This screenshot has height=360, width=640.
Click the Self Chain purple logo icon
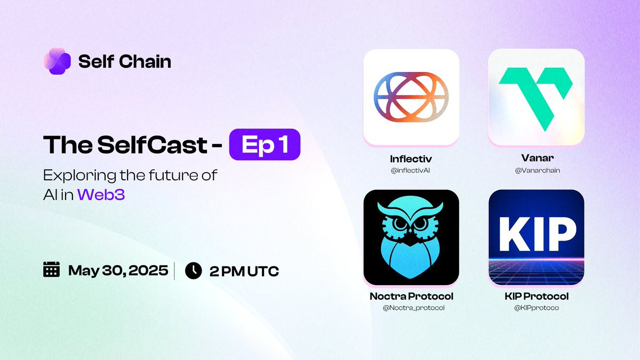[x=57, y=61]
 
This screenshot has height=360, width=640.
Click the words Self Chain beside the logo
[x=125, y=61]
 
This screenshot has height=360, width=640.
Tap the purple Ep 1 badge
[x=265, y=145]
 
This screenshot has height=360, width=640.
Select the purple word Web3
[x=101, y=195]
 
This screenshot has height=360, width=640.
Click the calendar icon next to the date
[x=51, y=269]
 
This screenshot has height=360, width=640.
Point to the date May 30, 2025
[x=118, y=270]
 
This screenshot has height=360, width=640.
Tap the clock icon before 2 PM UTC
[x=194, y=270]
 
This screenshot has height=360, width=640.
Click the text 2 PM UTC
[x=244, y=271]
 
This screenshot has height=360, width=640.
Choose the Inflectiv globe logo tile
[x=411, y=97]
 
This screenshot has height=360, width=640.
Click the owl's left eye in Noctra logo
[x=400, y=223]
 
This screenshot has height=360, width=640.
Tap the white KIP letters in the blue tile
[x=537, y=234]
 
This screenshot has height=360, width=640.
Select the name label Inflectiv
[x=411, y=159]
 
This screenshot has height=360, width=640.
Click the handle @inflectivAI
[x=410, y=171]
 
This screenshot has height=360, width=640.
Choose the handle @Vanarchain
[x=538, y=171]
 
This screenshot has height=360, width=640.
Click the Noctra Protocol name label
[x=411, y=297]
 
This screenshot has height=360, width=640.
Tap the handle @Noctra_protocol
[x=413, y=308]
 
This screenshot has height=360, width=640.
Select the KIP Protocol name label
[x=537, y=297]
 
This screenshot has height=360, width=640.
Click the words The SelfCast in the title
[x=125, y=145]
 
